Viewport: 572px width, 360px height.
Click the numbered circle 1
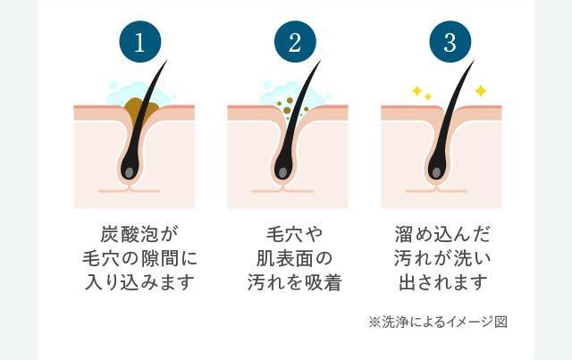pos(140,42)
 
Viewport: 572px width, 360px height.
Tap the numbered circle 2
pos(294,42)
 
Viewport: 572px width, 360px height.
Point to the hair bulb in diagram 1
pos(130,168)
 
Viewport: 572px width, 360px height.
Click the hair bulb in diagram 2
pos(283,168)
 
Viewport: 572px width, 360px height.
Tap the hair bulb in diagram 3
pos(437,168)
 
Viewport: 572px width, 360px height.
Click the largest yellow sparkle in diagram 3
pos(480,91)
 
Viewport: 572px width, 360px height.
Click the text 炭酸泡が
pos(136,236)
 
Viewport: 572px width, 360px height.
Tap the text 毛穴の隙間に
pos(136,260)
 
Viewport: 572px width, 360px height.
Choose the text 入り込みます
pos(136,284)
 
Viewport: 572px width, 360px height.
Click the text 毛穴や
pos(294,236)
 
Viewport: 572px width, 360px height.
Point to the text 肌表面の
pos(294,260)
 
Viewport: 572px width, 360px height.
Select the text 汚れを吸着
pos(294,284)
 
